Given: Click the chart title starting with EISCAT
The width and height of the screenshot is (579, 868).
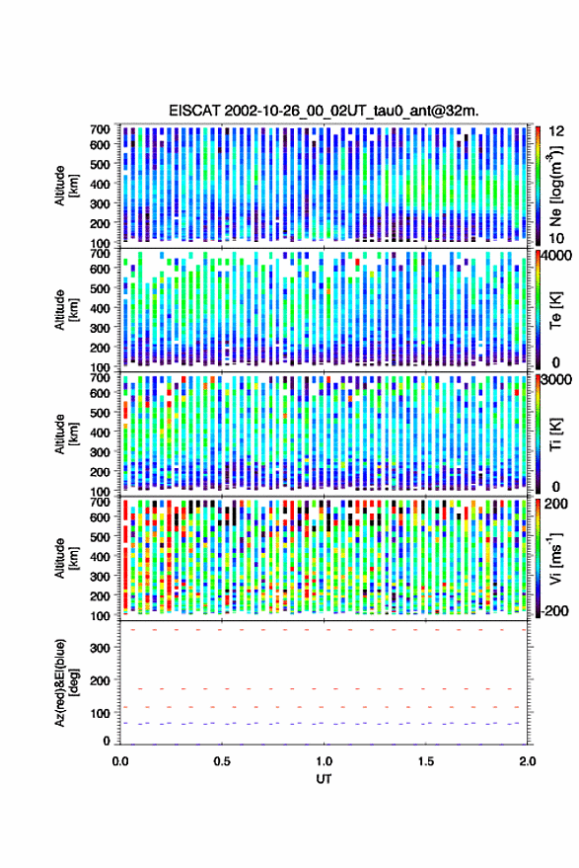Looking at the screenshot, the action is [x=324, y=111].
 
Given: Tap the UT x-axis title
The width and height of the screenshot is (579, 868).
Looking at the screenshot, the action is [x=324, y=779].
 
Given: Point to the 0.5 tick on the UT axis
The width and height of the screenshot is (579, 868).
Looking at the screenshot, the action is [x=222, y=761].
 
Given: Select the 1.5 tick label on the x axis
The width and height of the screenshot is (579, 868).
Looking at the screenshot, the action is [x=426, y=761].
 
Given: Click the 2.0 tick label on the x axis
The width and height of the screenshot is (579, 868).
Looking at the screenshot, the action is [x=528, y=761].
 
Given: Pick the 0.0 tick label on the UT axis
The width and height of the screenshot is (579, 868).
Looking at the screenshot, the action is [x=120, y=761].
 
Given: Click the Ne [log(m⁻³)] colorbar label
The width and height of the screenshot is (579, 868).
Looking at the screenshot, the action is [x=555, y=186].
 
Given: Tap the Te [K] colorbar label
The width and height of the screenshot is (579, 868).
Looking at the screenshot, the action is [x=555, y=310].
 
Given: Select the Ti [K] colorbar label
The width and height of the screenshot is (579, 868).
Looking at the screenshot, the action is [x=555, y=434].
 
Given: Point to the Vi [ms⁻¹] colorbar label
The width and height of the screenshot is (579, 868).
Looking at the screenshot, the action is [x=555, y=558].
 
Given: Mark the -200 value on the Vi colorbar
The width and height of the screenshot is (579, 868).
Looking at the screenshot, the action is [x=554, y=611].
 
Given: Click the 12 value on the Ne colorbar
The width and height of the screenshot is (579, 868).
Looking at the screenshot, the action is [x=556, y=130].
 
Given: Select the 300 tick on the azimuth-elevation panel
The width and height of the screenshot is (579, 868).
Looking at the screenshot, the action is [x=100, y=648].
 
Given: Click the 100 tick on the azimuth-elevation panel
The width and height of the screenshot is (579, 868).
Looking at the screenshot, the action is [x=100, y=713].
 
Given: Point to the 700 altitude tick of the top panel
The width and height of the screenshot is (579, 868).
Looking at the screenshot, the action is [x=100, y=129].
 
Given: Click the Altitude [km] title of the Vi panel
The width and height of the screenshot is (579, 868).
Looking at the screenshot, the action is [x=66, y=558].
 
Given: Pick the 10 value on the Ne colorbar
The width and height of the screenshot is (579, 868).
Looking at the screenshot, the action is [x=556, y=239].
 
